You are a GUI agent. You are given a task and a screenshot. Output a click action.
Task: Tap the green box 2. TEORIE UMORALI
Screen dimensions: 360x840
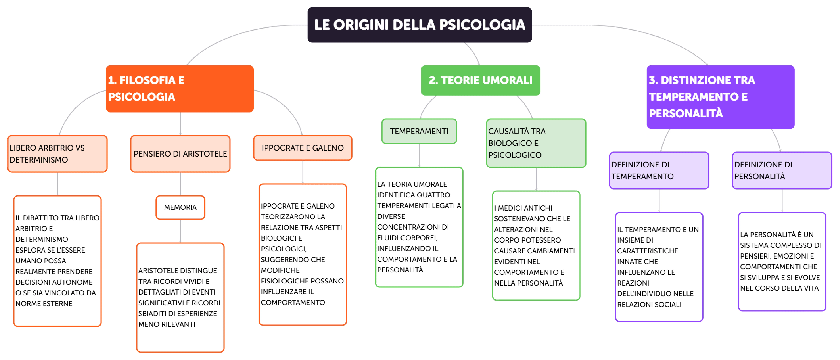pyautogui.click(x=480, y=80)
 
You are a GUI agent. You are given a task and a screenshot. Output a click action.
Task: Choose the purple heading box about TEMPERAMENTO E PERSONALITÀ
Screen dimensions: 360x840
pyautogui.click(x=720, y=97)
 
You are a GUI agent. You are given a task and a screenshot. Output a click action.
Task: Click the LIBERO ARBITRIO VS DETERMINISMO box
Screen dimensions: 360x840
pyautogui.click(x=57, y=154)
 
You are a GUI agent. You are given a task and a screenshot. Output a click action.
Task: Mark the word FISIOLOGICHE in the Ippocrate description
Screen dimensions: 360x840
pyautogui.click(x=280, y=281)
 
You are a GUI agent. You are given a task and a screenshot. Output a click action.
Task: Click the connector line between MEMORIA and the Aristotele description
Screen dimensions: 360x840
pyautogui.click(x=180, y=231)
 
